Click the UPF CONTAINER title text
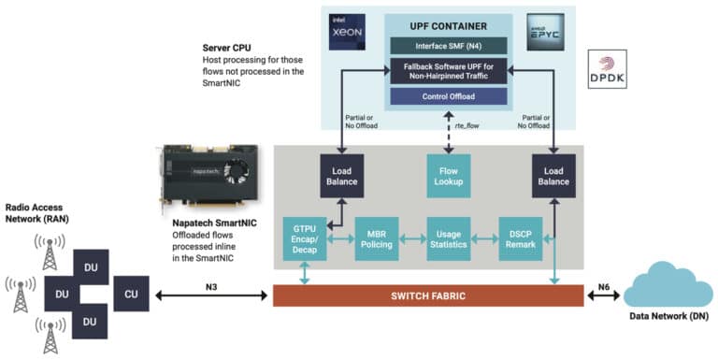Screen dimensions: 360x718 [x=447, y=23]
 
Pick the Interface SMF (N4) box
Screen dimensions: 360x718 [x=447, y=46]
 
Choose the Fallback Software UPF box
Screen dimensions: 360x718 [x=447, y=71]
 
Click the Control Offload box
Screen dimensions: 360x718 [x=447, y=96]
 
